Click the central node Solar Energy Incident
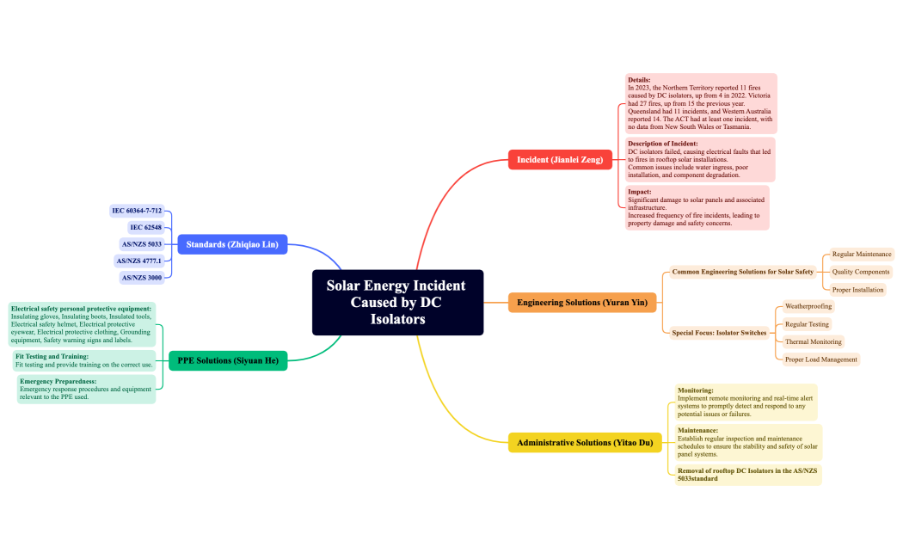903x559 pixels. click(397, 302)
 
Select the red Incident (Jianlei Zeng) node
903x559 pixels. click(560, 159)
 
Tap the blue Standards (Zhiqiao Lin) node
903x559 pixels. click(232, 244)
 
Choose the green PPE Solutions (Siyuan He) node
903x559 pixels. click(228, 360)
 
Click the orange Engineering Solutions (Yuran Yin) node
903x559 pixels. click(582, 302)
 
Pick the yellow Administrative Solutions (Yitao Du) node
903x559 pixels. click(585, 443)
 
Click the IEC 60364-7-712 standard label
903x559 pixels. click(137, 211)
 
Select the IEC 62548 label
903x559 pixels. click(145, 227)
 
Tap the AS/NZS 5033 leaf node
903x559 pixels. click(142, 244)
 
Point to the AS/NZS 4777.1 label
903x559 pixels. click(138, 261)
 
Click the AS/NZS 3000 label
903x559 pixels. click(142, 278)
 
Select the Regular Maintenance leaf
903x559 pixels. click(862, 254)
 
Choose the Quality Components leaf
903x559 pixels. click(860, 272)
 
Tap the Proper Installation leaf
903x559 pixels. click(857, 290)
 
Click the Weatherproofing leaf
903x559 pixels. click(808, 306)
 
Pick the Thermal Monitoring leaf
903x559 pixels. click(814, 341)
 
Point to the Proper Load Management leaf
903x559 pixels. click(820, 359)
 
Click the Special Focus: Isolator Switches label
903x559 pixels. click(719, 333)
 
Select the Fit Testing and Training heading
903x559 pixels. click(52, 356)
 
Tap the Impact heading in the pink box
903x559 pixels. click(639, 192)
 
